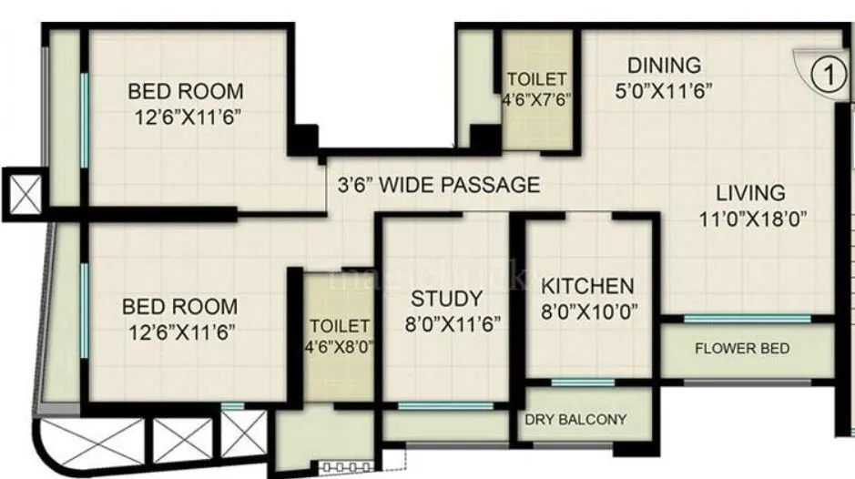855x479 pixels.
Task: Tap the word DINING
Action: [x=665, y=66]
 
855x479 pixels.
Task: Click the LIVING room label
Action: [x=749, y=193]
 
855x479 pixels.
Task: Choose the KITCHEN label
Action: [x=587, y=284]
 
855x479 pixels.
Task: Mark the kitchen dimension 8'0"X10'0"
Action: [x=587, y=310]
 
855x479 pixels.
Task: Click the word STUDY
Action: [x=445, y=299]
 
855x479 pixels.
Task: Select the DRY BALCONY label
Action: [x=588, y=420]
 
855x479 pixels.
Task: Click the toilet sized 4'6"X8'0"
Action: [x=339, y=335]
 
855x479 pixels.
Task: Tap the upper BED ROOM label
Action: [x=185, y=91]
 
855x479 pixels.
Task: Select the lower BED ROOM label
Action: [x=179, y=307]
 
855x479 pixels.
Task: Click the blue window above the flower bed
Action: [x=747, y=319]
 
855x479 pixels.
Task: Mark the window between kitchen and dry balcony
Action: [x=582, y=382]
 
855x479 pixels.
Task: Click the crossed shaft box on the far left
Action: [x=20, y=194]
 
